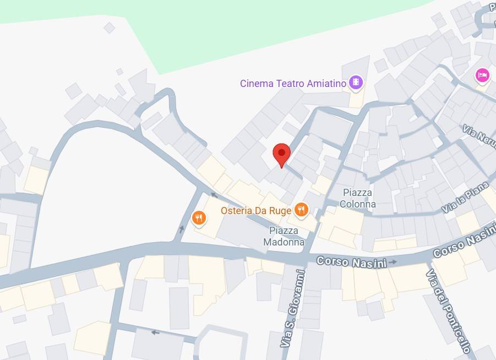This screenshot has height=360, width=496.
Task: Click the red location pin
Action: pos(282,154)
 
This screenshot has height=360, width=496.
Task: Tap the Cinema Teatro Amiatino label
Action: pos(293,84)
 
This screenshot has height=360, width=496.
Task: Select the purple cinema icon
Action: pos(357,83)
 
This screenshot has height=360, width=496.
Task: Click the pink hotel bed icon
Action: pos(482,75)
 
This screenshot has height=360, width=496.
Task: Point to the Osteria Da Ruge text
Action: pos(256,210)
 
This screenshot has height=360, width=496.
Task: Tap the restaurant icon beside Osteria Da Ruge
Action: pos(301,209)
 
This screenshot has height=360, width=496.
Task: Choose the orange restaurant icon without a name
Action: pos(199,219)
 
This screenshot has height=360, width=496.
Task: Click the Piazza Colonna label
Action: pos(358,198)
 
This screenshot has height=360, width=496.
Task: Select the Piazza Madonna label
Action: pos(284,236)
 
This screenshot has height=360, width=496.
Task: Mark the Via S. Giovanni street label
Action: pos(292,308)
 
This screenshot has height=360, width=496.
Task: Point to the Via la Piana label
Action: pos(465,198)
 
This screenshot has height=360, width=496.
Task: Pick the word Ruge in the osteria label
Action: pos(281,210)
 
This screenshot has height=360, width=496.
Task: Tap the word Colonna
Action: pos(358,204)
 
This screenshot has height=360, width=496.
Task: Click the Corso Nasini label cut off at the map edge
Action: pos(464,244)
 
